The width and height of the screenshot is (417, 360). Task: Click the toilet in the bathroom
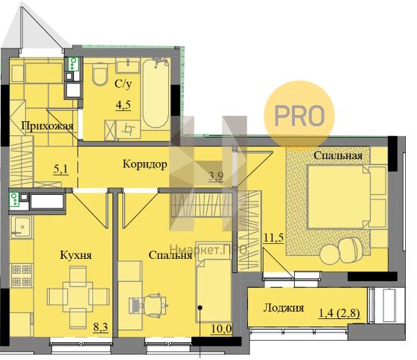[100, 74]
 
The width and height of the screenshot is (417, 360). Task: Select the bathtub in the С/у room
[156, 94]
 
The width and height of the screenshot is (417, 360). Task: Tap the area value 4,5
[124, 105]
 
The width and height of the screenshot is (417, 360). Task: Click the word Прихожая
[48, 126]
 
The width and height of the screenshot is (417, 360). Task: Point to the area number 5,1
[61, 170]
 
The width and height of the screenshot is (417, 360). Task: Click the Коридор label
[145, 164]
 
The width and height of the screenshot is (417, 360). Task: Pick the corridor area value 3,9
[216, 176]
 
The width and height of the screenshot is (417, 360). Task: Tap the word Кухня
[76, 255]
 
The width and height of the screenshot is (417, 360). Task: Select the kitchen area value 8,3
[101, 327]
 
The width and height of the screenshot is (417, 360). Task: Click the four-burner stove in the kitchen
[22, 275]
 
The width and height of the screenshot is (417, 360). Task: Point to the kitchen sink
[22, 227]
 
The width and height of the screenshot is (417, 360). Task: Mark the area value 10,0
[222, 329]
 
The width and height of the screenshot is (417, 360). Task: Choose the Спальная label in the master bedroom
[338, 155]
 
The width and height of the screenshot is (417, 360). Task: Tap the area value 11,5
[274, 237]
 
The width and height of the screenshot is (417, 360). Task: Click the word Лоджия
[284, 308]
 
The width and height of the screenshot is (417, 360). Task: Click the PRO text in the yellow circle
[299, 115]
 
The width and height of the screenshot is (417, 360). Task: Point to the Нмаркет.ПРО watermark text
[208, 249]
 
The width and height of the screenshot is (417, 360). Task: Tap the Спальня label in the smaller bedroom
[171, 255]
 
